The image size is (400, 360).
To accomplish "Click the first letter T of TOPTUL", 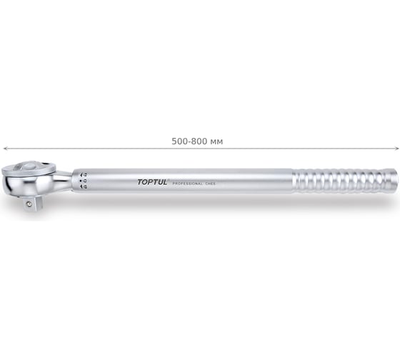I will (x=139, y=182).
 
